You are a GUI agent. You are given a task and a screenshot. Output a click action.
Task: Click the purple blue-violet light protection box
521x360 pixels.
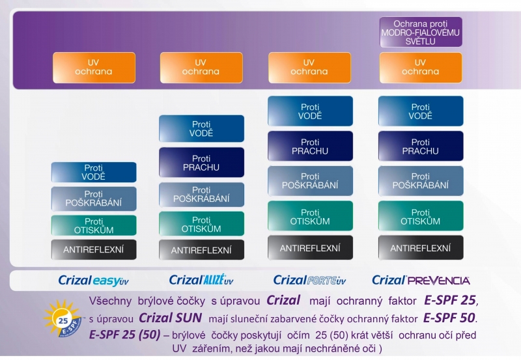pos(421,32)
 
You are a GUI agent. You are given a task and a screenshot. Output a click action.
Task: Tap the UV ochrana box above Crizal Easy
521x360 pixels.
pos(94,68)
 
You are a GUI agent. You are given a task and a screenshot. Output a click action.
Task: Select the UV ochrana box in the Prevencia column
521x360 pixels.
pos(421,68)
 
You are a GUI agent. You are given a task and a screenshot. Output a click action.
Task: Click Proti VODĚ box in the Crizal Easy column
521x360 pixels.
pos(94,172)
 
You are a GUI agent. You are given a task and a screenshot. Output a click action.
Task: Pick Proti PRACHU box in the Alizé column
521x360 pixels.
pos(201,162)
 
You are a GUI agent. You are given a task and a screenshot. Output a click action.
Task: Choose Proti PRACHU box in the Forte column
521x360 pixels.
pos(310,146)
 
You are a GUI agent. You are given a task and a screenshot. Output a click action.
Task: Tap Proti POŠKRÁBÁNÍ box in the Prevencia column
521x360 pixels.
pos(421,181)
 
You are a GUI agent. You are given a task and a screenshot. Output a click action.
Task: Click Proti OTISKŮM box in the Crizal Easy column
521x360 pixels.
pos(94,225)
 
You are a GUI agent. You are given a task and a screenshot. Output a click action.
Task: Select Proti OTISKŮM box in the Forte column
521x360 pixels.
pos(310,216)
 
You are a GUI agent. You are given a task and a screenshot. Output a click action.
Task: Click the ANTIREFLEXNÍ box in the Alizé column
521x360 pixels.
pos(201,250)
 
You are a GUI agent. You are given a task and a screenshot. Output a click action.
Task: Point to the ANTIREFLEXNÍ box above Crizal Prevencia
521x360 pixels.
pos(421,248)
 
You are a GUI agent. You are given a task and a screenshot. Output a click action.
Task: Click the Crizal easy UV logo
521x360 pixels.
pos(93,281)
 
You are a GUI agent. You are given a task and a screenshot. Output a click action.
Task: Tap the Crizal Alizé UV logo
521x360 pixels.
pos(201,280)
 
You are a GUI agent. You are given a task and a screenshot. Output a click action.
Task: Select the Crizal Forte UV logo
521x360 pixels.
pos(310,281)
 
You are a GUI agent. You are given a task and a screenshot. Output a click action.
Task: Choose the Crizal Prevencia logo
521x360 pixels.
pos(421,281)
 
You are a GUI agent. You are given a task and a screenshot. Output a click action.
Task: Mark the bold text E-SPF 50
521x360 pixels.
pos(449,318)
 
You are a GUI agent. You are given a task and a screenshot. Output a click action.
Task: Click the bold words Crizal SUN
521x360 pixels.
pos(170,318)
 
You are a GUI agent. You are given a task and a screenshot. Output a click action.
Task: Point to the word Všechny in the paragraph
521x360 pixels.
pos(110,301)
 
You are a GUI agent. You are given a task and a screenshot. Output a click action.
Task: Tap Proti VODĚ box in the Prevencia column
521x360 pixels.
pos(421,111)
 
